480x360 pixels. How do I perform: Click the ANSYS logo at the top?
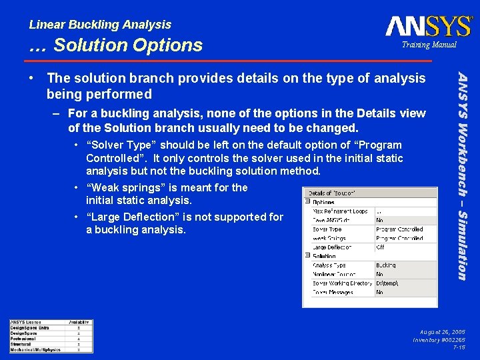click(x=428, y=26)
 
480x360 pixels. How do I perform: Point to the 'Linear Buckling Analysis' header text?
click(x=100, y=25)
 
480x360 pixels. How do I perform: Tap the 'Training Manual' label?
click(x=429, y=45)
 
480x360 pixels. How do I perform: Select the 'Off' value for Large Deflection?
click(x=380, y=247)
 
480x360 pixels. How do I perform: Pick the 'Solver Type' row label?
click(x=327, y=229)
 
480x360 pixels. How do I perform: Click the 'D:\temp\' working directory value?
click(x=387, y=283)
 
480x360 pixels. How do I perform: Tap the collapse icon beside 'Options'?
click(x=307, y=202)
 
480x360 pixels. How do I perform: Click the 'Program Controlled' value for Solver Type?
click(x=399, y=229)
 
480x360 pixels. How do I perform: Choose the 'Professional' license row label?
click(x=24, y=339)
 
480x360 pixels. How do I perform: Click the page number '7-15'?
click(x=459, y=347)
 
